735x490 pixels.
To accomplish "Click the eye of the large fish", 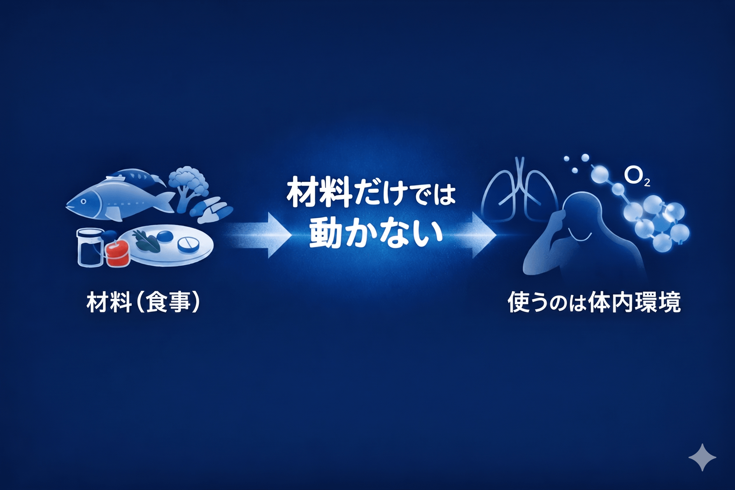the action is tap(83, 202).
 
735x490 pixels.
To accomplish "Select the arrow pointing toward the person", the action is tap(474, 235).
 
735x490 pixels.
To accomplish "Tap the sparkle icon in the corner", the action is tap(702, 457).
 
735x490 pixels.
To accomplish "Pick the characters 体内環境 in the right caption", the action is tap(634, 302).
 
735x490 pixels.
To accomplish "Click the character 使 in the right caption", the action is tap(519, 302).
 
